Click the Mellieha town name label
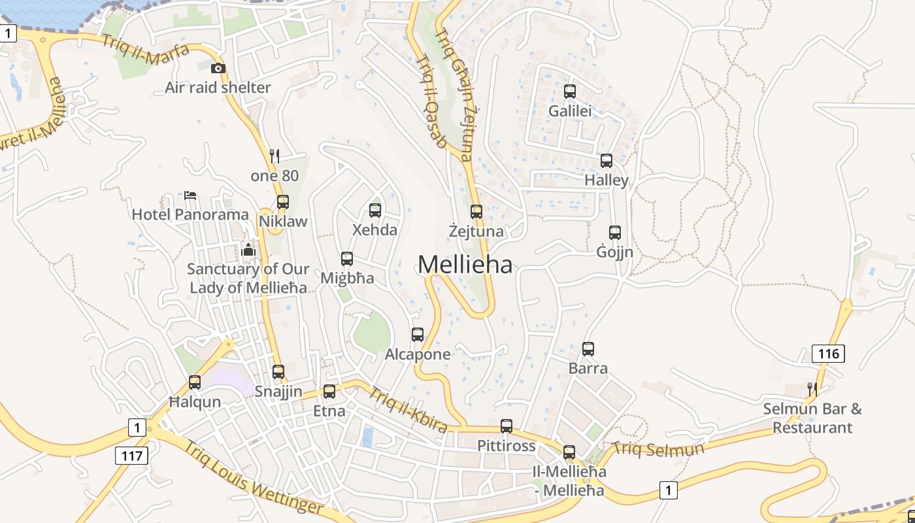pos(465,264)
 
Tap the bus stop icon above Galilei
pos(569,92)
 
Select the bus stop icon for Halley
pos(606,161)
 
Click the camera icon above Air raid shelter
pos(218,68)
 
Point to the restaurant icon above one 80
pos(274,156)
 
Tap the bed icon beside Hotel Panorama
pos(190,195)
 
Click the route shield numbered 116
pos(828,354)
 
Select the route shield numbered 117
pos(131,455)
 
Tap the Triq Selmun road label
pos(658,449)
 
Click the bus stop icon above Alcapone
pos(418,335)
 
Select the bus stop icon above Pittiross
pos(507,426)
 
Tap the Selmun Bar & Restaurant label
pos(812,418)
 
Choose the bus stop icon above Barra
pos(588,349)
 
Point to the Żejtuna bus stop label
pos(476,231)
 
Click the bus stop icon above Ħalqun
pos(195,382)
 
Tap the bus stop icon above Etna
pos(329,392)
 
